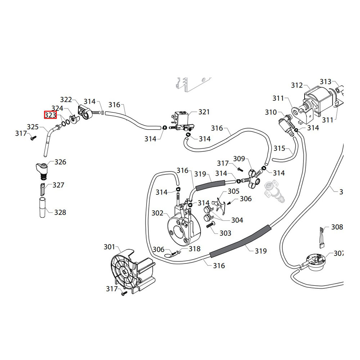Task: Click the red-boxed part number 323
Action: [50, 115]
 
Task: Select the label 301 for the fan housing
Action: [109, 247]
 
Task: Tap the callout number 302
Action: [157, 213]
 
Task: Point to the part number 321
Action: [204, 112]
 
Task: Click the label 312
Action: [297, 85]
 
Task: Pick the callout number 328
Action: [60, 212]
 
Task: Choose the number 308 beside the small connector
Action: [337, 227]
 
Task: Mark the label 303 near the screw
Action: [225, 233]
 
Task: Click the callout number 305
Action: [233, 191]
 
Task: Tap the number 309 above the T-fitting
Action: [239, 159]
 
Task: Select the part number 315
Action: [279, 148]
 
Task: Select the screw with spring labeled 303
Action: [210, 224]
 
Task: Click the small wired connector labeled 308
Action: [321, 237]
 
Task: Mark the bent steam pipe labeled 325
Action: [51, 140]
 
